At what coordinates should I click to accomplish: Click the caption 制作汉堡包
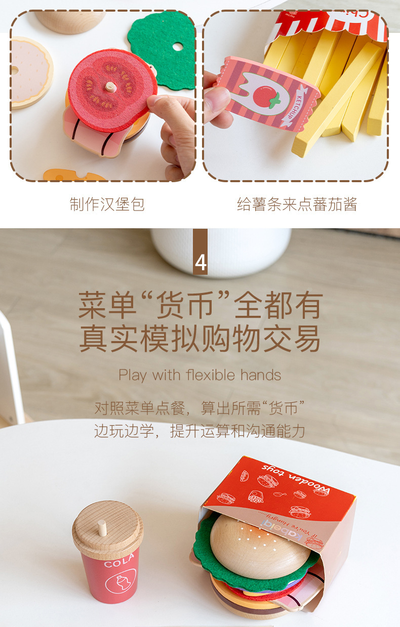[x=107, y=204]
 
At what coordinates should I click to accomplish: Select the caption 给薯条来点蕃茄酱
[x=297, y=204]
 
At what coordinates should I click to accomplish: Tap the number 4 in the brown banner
[x=201, y=263]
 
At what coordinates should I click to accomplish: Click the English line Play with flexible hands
[x=199, y=375]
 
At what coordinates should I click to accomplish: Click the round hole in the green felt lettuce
[x=177, y=47]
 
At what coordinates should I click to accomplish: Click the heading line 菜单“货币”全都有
[x=200, y=305]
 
